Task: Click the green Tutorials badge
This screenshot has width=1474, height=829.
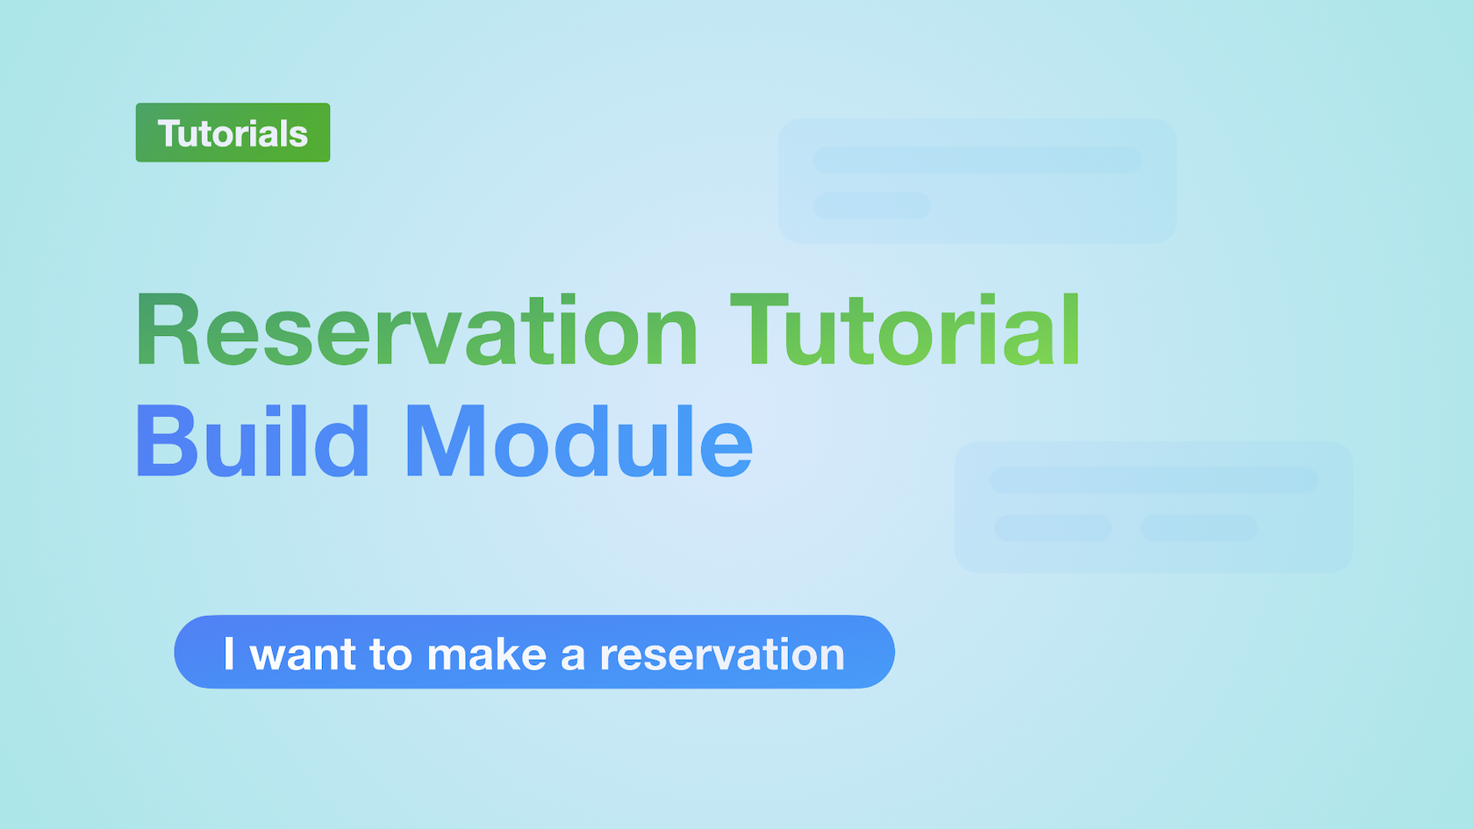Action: (x=233, y=132)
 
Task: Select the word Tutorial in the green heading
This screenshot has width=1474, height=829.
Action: (x=905, y=328)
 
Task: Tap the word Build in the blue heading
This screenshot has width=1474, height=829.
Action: (x=252, y=440)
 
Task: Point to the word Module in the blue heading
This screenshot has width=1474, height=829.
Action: (x=580, y=440)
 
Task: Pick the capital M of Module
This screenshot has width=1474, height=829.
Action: (x=446, y=440)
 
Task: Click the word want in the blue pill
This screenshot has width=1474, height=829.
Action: (x=304, y=655)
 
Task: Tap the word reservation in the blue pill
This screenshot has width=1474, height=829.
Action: (x=722, y=654)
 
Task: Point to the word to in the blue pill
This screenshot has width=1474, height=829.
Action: (x=391, y=655)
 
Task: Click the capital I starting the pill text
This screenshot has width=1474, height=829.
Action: (x=229, y=654)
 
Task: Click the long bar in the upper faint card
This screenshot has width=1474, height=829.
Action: (x=977, y=160)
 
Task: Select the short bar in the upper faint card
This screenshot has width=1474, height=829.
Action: (x=872, y=205)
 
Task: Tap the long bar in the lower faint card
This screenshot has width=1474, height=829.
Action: (x=1154, y=481)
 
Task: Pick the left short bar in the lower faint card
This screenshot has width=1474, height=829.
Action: (x=1053, y=528)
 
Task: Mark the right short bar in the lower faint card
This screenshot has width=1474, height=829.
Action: (x=1199, y=528)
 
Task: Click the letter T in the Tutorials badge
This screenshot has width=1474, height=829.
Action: (x=170, y=133)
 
